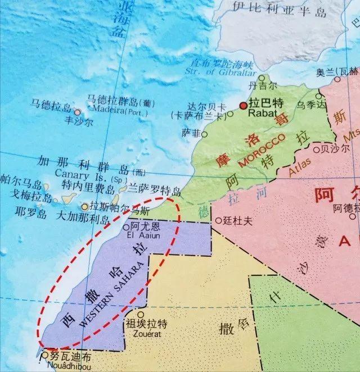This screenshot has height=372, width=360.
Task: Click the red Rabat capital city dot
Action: (x=243, y=106)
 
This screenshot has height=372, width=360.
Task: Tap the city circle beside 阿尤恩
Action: (x=126, y=228)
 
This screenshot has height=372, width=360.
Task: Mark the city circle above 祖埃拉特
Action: (x=141, y=315)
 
